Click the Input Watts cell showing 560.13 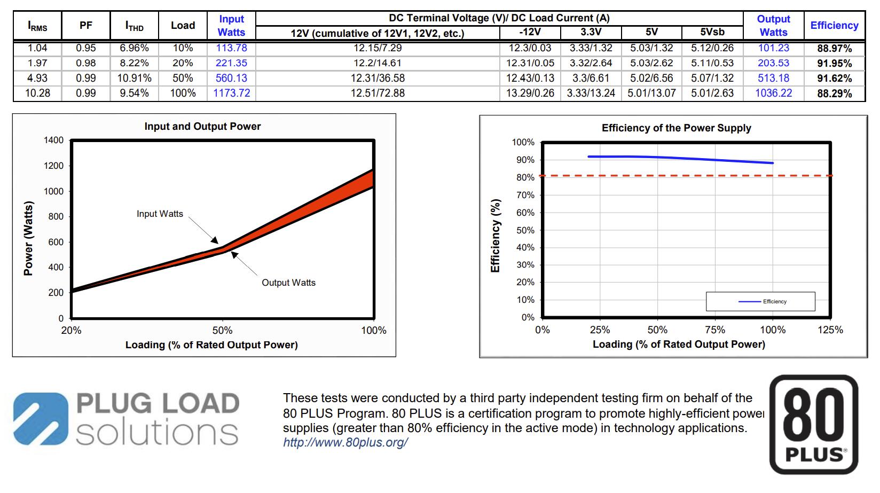(x=231, y=78)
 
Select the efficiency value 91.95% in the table (x=834, y=63)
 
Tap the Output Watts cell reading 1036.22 (x=773, y=93)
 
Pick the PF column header (x=85, y=25)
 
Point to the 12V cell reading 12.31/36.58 (x=378, y=78)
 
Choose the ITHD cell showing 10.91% (x=134, y=78)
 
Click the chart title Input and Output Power (x=202, y=127)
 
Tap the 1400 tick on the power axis (x=53, y=140)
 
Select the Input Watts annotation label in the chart (x=160, y=214)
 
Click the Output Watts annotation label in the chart (x=288, y=283)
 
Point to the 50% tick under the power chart (x=222, y=331)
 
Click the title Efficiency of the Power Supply (x=676, y=128)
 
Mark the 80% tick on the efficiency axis (x=525, y=177)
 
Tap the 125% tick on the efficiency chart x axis (x=830, y=330)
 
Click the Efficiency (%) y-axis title (x=495, y=236)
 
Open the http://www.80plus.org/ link (x=345, y=443)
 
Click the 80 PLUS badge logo (x=814, y=425)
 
